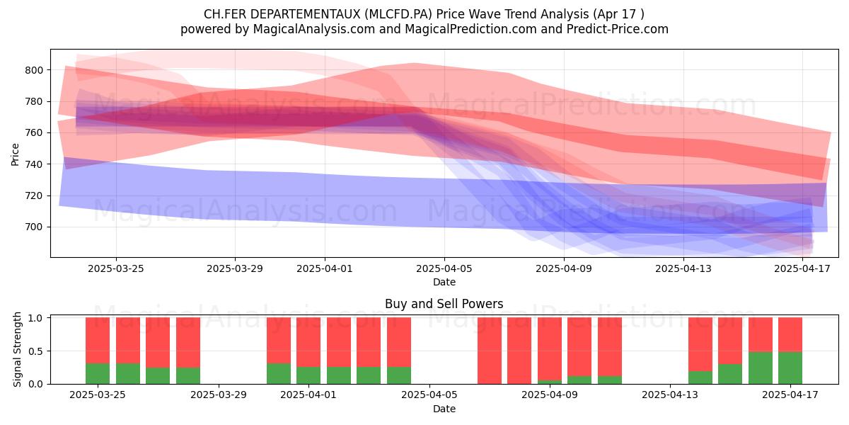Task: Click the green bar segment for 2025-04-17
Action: pyautogui.click(x=790, y=368)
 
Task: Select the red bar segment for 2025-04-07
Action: pyautogui.click(x=490, y=351)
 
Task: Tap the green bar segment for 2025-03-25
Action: pyautogui.click(x=98, y=374)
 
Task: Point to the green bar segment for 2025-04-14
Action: pyautogui.click(x=700, y=378)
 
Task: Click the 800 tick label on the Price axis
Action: pyautogui.click(x=34, y=70)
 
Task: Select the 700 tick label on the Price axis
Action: pyautogui.click(x=34, y=227)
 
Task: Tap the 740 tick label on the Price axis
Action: pyautogui.click(x=34, y=164)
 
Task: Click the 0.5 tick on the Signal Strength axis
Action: pyautogui.click(x=35, y=351)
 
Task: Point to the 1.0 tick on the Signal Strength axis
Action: pyautogui.click(x=35, y=317)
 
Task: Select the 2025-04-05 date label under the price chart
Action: pyautogui.click(x=444, y=268)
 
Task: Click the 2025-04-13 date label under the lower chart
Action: pyautogui.click(x=670, y=395)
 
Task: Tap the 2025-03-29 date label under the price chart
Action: pyautogui.click(x=235, y=268)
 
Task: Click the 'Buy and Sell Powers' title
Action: pyautogui.click(x=444, y=304)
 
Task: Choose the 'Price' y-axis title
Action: pyautogui.click(x=15, y=154)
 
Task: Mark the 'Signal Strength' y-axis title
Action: pyautogui.click(x=17, y=349)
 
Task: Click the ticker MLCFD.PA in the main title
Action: pyautogui.click(x=400, y=14)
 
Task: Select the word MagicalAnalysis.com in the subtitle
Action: pyautogui.click(x=314, y=29)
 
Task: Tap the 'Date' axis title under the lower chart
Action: pyautogui.click(x=444, y=409)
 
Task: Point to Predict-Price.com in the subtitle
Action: pyautogui.click(x=618, y=29)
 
